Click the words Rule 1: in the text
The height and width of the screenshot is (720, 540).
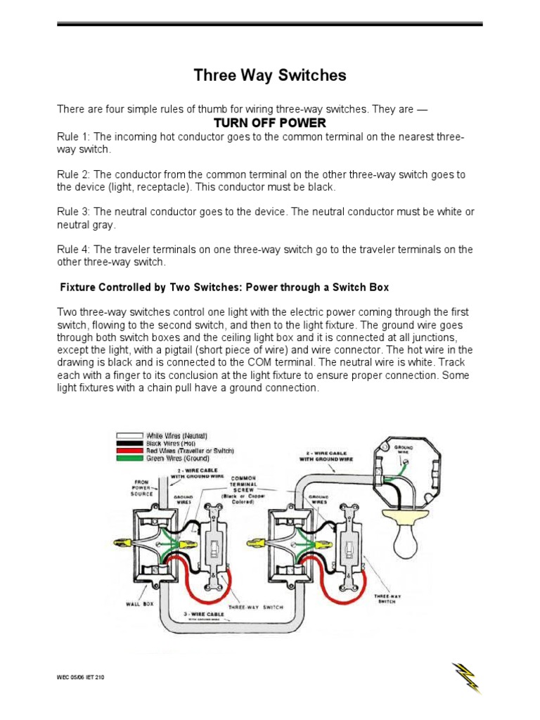pyautogui.click(x=73, y=136)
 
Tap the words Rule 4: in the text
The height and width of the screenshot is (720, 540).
pyautogui.click(x=73, y=250)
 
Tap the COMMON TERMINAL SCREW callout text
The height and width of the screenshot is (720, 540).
pyautogui.click(x=241, y=485)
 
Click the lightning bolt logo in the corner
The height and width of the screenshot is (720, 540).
pyautogui.click(x=465, y=677)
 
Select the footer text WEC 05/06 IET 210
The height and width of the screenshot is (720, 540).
pyautogui.click(x=82, y=678)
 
